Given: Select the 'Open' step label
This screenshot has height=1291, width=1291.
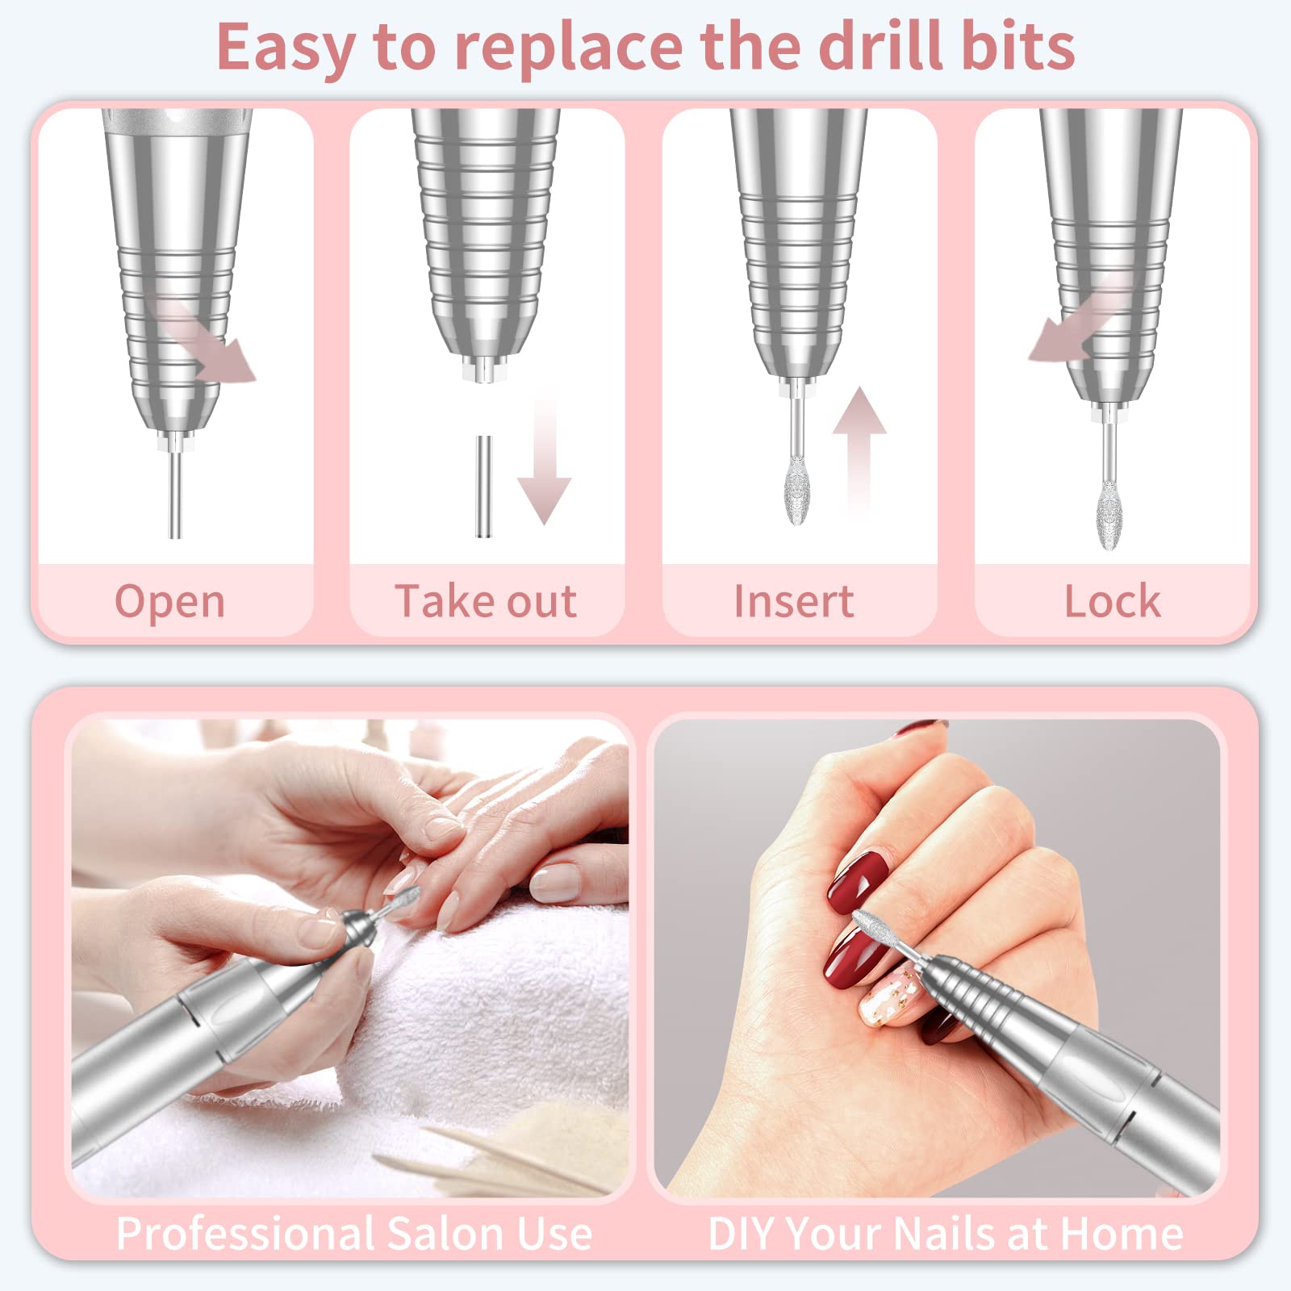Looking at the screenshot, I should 169,601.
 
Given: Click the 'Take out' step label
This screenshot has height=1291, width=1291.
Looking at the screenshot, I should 486,601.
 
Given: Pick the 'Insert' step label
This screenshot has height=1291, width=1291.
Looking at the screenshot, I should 794,601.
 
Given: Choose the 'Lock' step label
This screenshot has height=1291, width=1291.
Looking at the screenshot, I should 1112,601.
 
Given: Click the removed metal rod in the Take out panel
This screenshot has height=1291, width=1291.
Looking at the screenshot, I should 483,487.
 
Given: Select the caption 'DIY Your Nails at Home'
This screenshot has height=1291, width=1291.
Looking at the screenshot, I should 945,1234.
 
